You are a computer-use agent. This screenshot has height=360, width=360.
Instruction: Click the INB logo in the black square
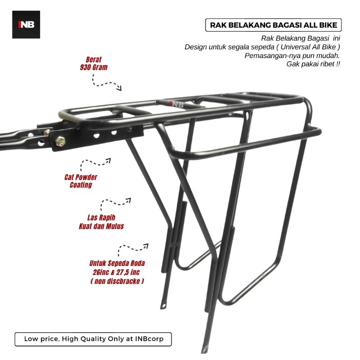click(26, 24)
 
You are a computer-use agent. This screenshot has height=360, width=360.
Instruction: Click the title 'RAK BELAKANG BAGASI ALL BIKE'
click(273, 25)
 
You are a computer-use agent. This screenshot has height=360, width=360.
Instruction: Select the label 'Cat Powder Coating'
click(81, 181)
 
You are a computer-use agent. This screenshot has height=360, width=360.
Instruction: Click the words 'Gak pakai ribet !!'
click(313, 64)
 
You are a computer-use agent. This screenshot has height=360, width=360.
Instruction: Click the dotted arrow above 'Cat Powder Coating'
click(96, 162)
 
